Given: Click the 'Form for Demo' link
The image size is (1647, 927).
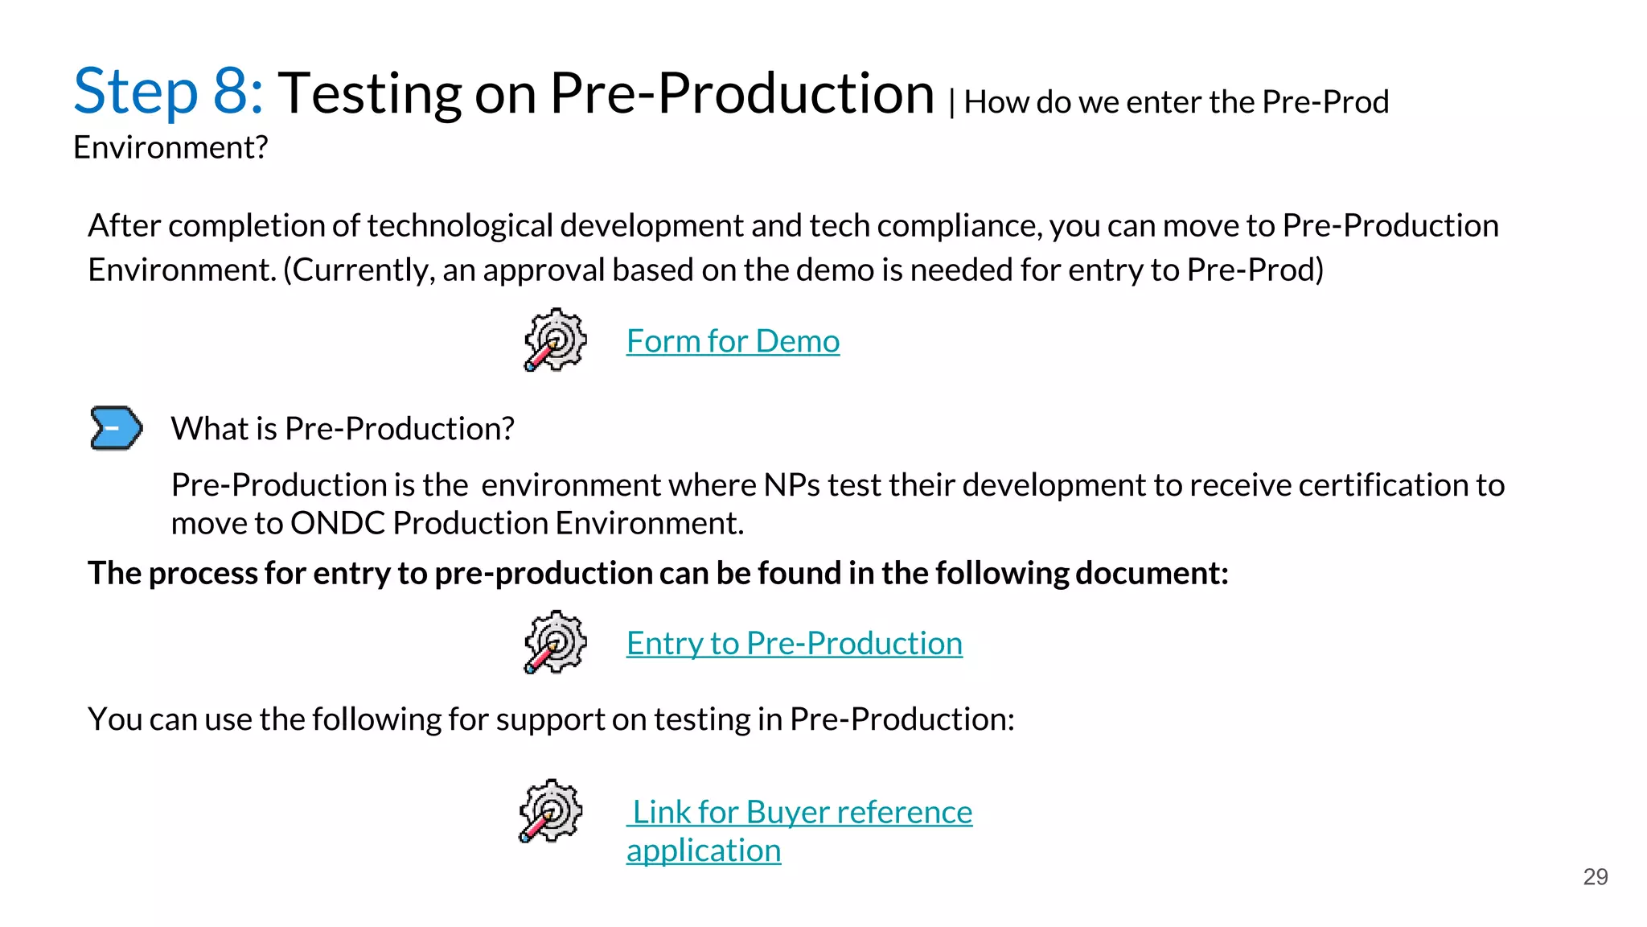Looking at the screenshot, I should coord(733,341).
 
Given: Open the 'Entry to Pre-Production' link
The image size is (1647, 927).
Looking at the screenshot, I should coord(794,643).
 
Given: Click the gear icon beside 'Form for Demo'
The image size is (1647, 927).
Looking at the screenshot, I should coord(555,340).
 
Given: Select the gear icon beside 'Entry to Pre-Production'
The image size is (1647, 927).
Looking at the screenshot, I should coord(555,641).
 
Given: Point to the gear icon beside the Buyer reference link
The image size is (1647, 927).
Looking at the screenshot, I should coord(550,810).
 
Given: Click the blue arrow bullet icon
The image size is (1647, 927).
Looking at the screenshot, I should coord(116,427).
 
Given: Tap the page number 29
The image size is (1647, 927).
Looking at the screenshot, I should coord(1595,876).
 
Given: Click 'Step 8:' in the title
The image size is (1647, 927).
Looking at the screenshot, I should coord(168,91).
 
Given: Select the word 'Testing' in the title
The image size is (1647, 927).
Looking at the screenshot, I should coord(369,93).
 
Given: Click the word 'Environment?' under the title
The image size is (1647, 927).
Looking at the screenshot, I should coord(170,148).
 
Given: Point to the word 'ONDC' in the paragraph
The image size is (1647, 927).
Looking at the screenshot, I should coord(338,523).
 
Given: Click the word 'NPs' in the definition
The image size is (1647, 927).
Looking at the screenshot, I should coord(791,485).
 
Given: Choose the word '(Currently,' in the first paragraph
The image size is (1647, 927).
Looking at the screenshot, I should coord(359,270).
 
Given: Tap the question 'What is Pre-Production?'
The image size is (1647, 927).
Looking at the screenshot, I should coord(343,429).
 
